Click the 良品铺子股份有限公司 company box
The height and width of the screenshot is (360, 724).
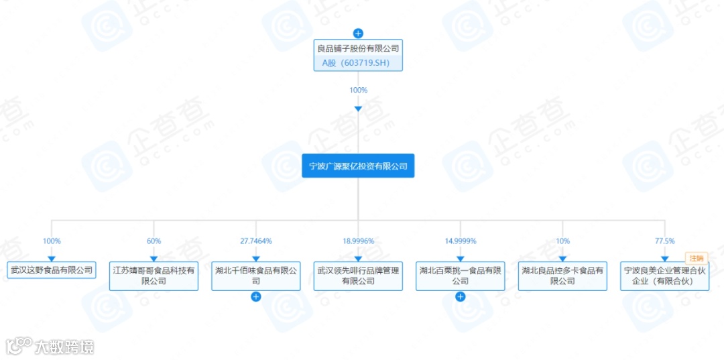tap(358, 48)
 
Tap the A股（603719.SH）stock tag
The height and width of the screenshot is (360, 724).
tap(358, 63)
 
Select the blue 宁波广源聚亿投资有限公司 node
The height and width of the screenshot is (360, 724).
tap(358, 166)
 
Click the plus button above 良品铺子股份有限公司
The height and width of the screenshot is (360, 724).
tap(358, 33)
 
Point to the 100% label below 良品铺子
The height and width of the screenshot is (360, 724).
tap(358, 90)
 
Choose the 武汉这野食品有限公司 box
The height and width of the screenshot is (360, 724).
tap(52, 271)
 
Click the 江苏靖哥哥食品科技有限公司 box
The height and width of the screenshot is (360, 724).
tap(154, 276)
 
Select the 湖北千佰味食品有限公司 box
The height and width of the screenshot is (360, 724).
tap(255, 276)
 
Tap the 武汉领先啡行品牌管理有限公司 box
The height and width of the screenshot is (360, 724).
tap(358, 276)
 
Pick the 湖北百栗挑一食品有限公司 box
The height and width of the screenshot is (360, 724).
tap(460, 276)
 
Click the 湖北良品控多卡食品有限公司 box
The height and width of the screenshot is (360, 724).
tap(562, 276)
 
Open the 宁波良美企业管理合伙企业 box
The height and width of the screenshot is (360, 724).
tap(664, 276)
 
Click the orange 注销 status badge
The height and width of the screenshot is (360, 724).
tap(697, 257)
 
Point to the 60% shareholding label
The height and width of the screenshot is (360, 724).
tap(154, 241)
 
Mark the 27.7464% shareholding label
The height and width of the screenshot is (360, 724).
tap(255, 241)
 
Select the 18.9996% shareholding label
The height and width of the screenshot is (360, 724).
tap(358, 241)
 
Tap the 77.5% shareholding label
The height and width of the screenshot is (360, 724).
tap(664, 241)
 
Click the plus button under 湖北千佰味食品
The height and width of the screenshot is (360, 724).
tap(255, 297)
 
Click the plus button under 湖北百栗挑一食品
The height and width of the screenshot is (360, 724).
tap(460, 297)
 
